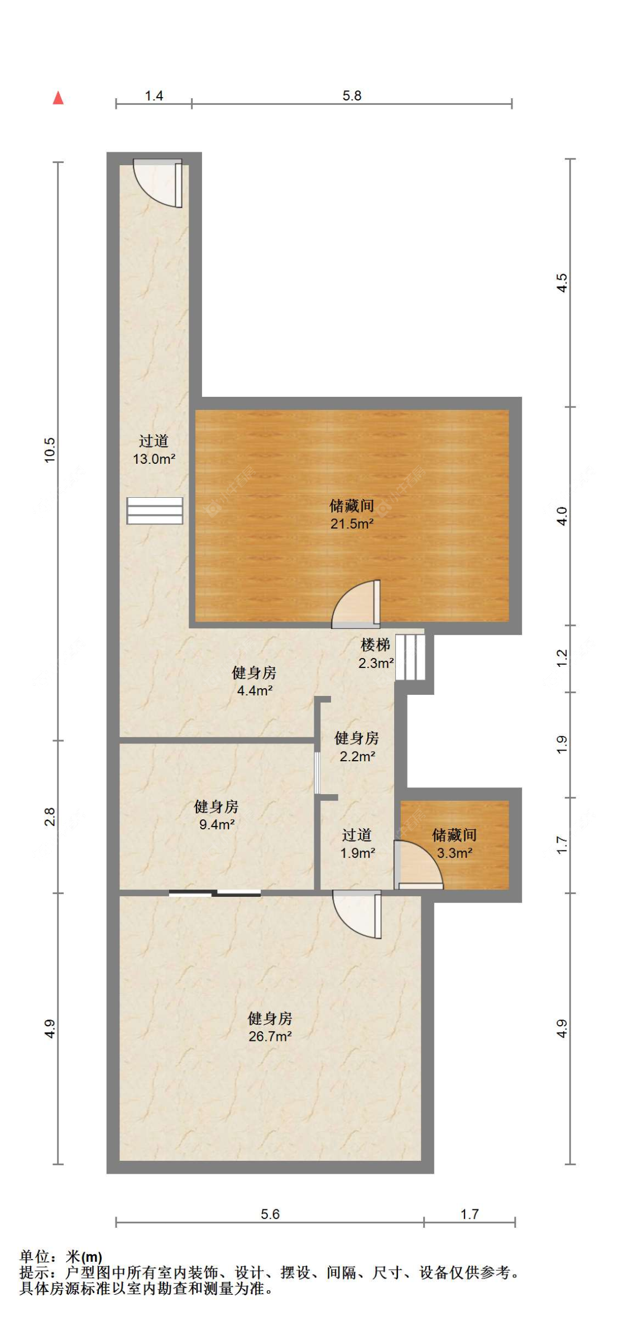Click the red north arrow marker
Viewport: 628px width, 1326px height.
[x=58, y=98]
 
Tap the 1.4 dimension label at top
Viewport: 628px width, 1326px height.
[x=154, y=95]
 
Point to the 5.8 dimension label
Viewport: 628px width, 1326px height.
[x=352, y=95]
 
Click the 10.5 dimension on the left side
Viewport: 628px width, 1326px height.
[x=50, y=450]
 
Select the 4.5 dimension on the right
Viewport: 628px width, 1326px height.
[x=562, y=282]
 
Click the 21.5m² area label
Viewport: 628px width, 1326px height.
[x=352, y=523]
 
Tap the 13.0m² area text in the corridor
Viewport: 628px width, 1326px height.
[x=154, y=459]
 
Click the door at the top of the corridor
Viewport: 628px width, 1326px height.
[x=158, y=183]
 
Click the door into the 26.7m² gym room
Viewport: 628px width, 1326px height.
[x=357, y=914]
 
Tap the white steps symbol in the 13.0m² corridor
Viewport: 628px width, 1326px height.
[x=155, y=511]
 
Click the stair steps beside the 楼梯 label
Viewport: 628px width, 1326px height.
[x=410, y=657]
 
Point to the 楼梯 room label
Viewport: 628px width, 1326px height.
[x=375, y=645]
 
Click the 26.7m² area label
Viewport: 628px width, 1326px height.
[x=270, y=1036]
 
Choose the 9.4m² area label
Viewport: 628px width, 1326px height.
[x=217, y=824]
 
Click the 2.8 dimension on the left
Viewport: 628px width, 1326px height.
[x=50, y=816]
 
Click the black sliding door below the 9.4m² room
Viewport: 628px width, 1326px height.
[x=215, y=893]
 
